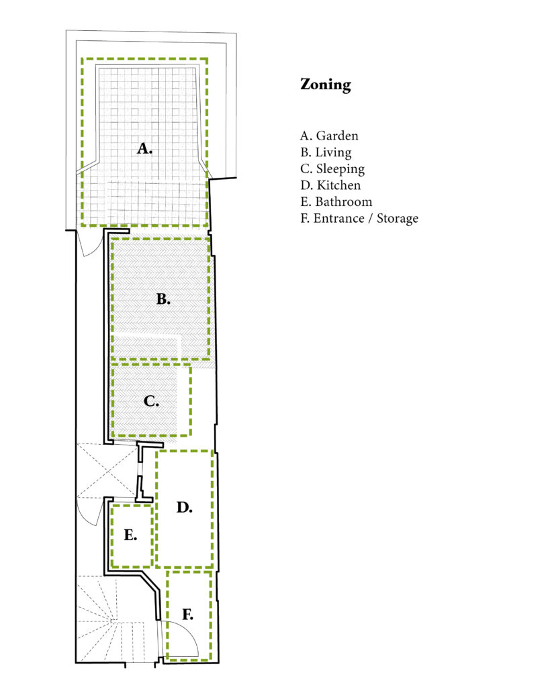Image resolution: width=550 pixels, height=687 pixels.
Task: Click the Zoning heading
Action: tap(326, 85)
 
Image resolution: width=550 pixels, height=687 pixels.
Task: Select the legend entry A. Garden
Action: tap(329, 136)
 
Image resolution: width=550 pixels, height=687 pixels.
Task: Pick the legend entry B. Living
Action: tap(326, 152)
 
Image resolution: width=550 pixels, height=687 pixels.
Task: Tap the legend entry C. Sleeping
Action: tap(332, 169)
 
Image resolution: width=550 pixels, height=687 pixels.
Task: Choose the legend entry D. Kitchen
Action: tap(330, 185)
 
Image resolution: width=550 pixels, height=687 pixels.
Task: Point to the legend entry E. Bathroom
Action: tap(336, 202)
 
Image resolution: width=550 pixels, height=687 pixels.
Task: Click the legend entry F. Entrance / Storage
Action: tap(359, 219)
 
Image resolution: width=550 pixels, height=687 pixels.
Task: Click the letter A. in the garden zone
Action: tap(145, 148)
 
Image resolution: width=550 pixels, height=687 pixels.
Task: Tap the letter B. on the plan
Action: tap(163, 299)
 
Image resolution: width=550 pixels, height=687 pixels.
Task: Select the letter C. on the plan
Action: tap(151, 401)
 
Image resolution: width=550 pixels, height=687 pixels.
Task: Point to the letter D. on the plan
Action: tap(185, 507)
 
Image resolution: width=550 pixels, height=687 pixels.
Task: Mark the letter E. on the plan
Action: tap(131, 535)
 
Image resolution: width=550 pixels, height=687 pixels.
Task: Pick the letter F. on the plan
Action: tap(188, 615)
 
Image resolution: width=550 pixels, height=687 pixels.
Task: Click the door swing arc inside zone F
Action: tap(189, 631)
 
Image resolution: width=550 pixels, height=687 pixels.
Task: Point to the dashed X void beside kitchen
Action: tap(107, 471)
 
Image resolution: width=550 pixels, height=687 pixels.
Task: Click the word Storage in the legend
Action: tap(398, 219)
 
